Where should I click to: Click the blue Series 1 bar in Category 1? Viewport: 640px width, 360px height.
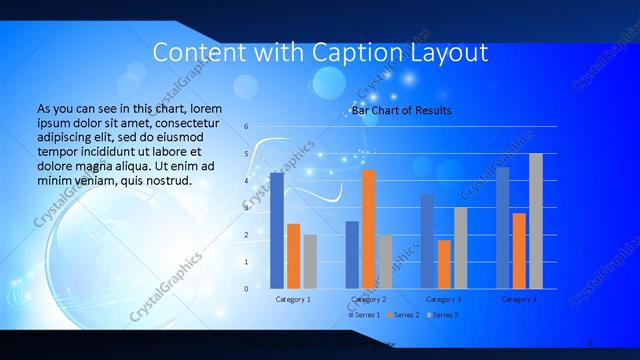pyautogui.click(x=277, y=231)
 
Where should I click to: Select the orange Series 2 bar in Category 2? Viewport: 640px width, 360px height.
pyautogui.click(x=368, y=229)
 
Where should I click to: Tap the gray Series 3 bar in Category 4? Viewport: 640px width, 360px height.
pyautogui.click(x=535, y=221)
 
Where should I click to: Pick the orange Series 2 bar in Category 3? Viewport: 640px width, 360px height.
pyautogui.click(x=444, y=264)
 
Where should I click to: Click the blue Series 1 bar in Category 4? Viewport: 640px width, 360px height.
pyautogui.click(x=502, y=228)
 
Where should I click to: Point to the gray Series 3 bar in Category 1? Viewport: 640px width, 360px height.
pyautogui.click(x=310, y=262)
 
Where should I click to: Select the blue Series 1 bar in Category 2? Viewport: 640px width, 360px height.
pyautogui.click(x=352, y=255)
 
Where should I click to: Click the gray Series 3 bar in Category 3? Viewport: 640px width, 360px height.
pyautogui.click(x=460, y=248)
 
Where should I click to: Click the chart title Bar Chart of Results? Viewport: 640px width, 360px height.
pyautogui.click(x=401, y=110)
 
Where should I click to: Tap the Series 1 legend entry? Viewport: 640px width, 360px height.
pyautogui.click(x=364, y=315)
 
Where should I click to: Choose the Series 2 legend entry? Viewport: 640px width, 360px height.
pyautogui.click(x=402, y=315)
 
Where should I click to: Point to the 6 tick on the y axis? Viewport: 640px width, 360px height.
pyautogui.click(x=246, y=127)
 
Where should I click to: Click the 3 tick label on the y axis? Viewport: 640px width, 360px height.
pyautogui.click(x=246, y=208)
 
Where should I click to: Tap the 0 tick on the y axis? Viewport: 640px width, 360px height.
pyautogui.click(x=246, y=289)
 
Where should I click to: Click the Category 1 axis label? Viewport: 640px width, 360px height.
pyautogui.click(x=293, y=299)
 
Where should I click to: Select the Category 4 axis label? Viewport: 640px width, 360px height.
pyautogui.click(x=518, y=299)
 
